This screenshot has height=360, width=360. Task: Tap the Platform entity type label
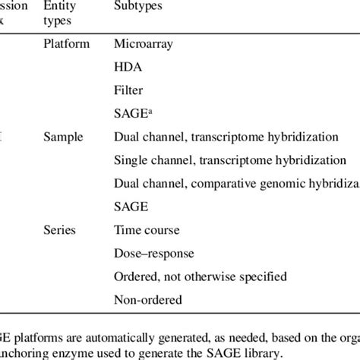66,44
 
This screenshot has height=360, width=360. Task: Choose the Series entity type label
61,229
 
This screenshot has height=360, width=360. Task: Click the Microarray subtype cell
144,44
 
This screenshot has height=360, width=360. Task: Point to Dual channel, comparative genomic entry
235,183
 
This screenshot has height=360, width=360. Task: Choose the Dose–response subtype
153,252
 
